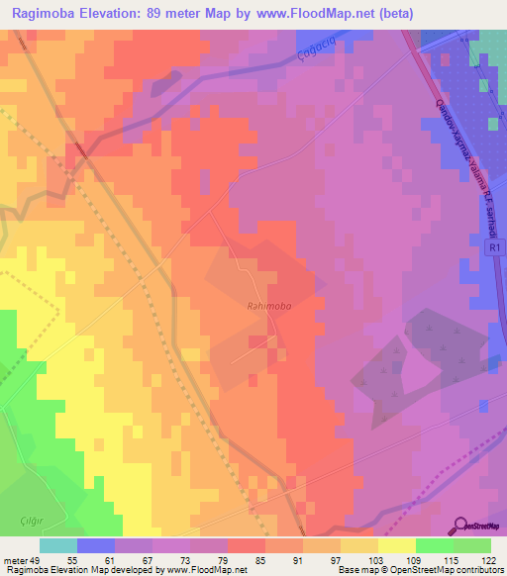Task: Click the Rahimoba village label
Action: pyautogui.click(x=268, y=307)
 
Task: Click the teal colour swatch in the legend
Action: pyautogui.click(x=58, y=545)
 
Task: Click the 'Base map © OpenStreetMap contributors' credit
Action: pyautogui.click(x=420, y=570)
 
